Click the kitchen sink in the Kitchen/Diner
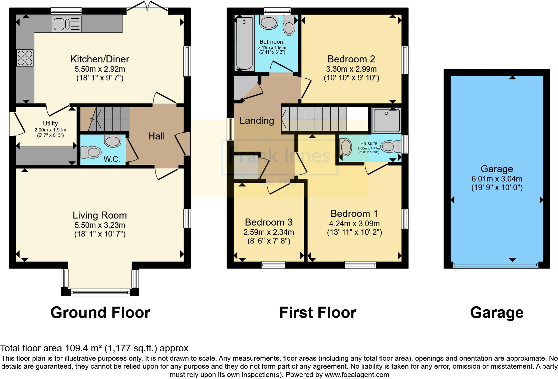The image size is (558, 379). pos(66,24)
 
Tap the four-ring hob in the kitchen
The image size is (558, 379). pos(25,58)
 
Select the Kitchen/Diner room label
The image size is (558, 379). pos(100,59)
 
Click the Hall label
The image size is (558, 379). pos(157,136)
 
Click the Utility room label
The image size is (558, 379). pos(50,123)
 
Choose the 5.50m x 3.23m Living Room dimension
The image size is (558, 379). pos(100,225)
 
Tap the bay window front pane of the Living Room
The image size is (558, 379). pos(100,293)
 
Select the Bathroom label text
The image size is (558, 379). pos(272,42)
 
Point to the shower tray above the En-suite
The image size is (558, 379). pos(386,120)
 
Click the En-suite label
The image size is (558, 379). pos(369,143)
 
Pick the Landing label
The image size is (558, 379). pos(257,120)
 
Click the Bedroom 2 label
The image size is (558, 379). pos(351,59)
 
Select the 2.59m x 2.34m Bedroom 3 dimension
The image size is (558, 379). pos(269,232)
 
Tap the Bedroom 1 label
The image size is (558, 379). pos(354,214)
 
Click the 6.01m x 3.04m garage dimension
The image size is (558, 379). pos(497,179)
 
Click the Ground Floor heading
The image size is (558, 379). pos(100,313)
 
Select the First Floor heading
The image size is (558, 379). pos(317,313)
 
